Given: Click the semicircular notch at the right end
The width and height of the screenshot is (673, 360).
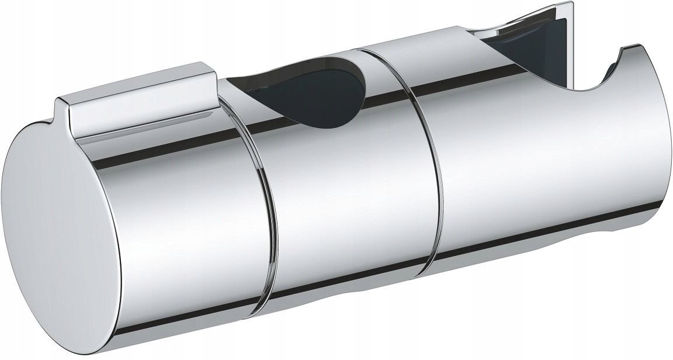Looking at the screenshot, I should pyautogui.click(x=590, y=82).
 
